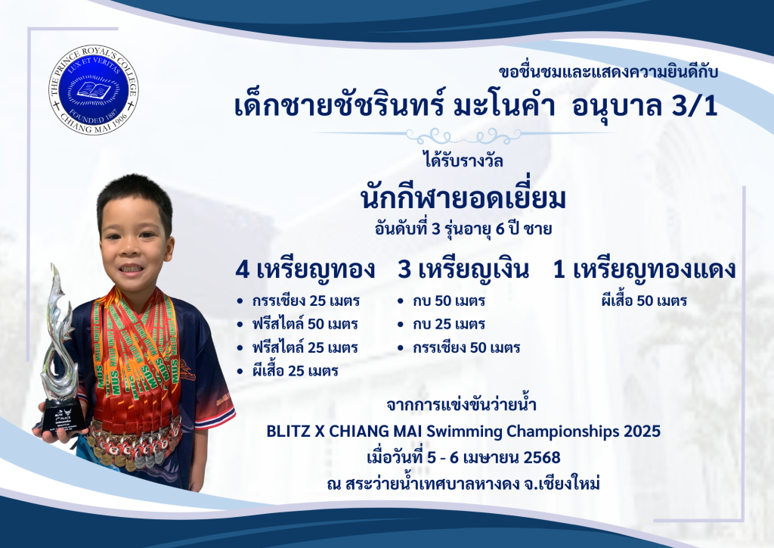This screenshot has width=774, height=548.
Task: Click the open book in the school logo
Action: [x=94, y=90]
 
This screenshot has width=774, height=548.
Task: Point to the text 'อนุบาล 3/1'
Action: [x=644, y=107]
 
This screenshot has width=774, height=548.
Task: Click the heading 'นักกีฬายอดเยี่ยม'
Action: [x=463, y=198]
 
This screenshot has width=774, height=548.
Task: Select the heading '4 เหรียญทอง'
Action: [x=305, y=269]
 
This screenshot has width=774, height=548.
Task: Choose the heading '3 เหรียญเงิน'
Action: [x=463, y=269]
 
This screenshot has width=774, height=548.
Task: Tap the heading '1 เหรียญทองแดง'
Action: [x=644, y=269]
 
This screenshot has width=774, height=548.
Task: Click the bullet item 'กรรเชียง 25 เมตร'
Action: [x=305, y=301]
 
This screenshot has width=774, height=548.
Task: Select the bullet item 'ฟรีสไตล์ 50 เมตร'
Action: [x=305, y=324]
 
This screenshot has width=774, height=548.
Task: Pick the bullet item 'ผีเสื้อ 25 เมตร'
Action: [x=295, y=371]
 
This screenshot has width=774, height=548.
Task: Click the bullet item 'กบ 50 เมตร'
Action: [x=449, y=301]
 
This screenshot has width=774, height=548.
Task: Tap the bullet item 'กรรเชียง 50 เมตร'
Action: [x=466, y=347]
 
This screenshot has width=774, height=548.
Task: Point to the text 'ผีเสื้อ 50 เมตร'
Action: [x=644, y=300]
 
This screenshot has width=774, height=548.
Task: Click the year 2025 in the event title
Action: [x=642, y=431]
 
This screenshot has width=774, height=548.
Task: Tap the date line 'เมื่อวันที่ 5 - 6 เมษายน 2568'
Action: [x=463, y=457]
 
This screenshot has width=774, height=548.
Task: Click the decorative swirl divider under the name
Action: [x=463, y=134]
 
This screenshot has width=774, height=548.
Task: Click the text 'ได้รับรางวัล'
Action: [x=463, y=161]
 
